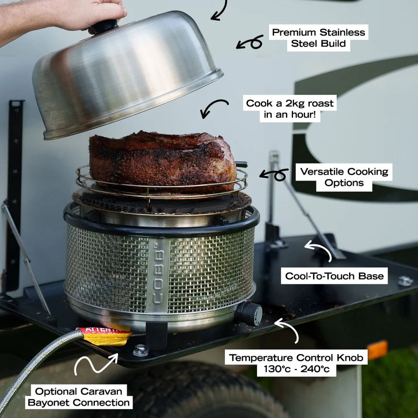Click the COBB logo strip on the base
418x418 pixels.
tap(158, 275)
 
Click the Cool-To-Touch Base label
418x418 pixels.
tap(334, 275)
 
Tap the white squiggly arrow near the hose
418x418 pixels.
tap(94, 364)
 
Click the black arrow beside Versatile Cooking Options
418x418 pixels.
tap(275, 175)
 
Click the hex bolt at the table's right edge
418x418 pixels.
tap(405, 281)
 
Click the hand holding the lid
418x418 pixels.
tap(88, 15)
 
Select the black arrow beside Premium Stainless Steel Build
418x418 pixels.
tap(250, 43)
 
